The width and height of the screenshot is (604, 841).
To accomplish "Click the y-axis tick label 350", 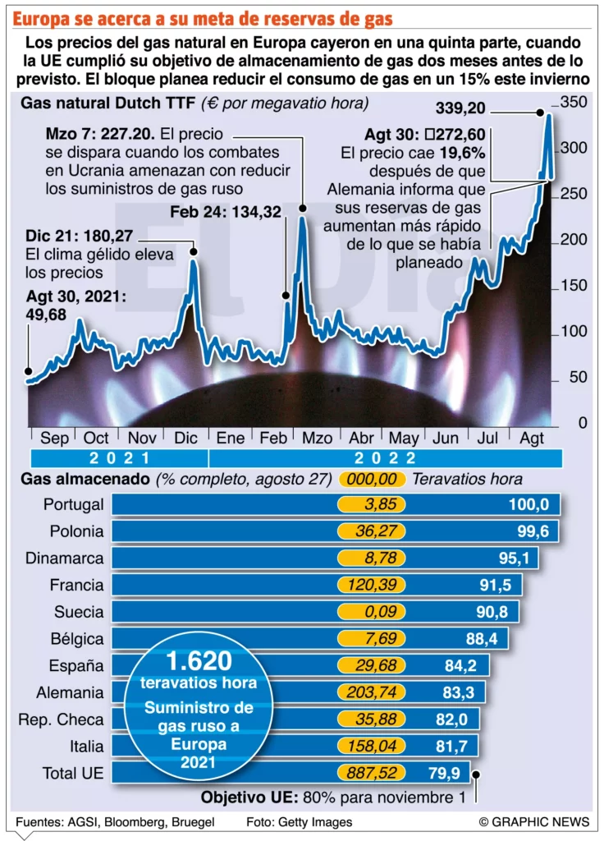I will click(x=574, y=102).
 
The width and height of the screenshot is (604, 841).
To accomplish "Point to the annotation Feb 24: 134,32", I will click(x=226, y=212).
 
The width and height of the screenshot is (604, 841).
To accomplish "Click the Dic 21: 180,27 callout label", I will click(x=78, y=237).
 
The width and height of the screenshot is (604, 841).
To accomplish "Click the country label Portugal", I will click(x=74, y=504).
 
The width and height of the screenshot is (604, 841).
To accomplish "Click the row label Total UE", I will click(x=73, y=773).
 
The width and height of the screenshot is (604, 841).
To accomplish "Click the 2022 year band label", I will click(x=385, y=459).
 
